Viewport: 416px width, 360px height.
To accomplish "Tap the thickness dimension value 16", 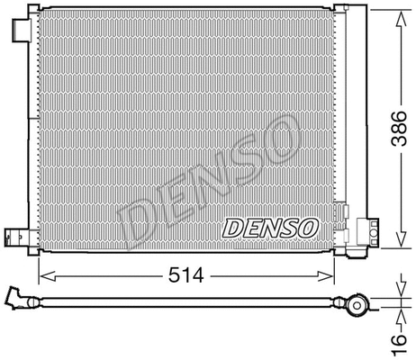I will (x=402, y=340).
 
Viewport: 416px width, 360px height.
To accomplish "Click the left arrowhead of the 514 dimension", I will (x=41, y=274).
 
